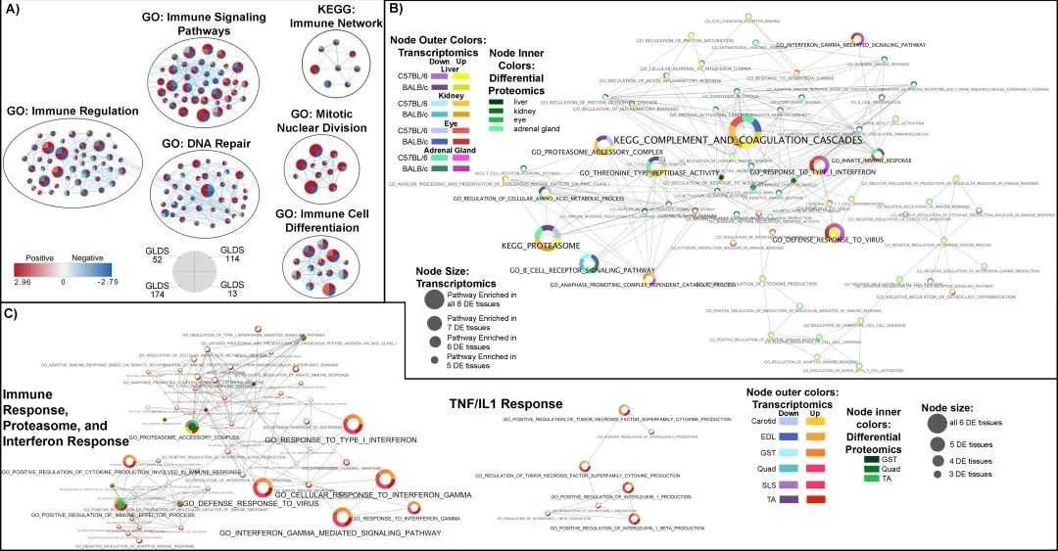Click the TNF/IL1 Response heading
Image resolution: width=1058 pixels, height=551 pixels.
(494, 403)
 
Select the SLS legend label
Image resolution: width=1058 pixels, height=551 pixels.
(754, 485)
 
